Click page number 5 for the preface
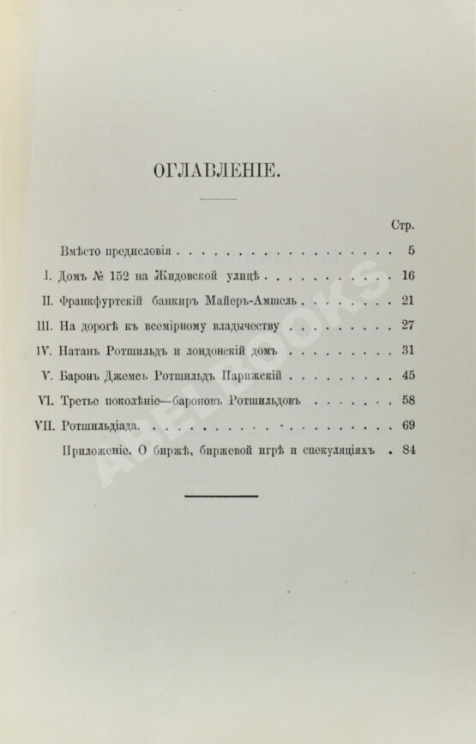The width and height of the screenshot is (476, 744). point(412,251)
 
